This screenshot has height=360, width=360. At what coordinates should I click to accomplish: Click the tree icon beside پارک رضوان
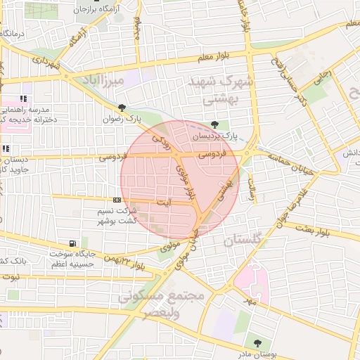tap(123, 108)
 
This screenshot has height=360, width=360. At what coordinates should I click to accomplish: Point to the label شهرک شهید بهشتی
tap(220, 90)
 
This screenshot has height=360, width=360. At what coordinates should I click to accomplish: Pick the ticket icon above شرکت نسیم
tap(116, 201)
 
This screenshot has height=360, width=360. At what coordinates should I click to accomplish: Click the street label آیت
tap(163, 202)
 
